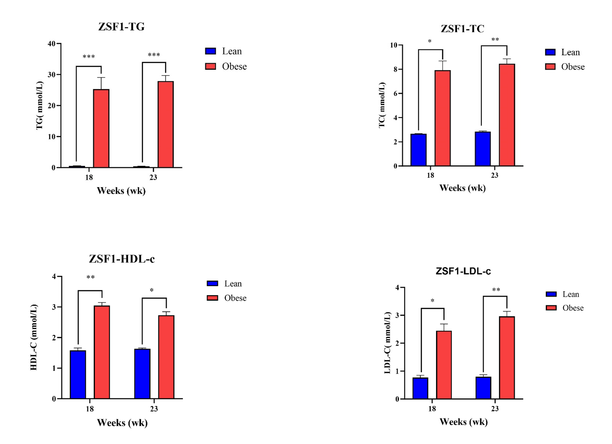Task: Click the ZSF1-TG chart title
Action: click(121, 27)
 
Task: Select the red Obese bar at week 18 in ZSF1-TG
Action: click(101, 128)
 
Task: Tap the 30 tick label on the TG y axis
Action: click(52, 75)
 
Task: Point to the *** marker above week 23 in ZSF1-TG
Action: click(154, 55)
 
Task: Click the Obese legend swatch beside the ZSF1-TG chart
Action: click(211, 66)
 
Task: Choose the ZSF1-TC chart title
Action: click(462, 29)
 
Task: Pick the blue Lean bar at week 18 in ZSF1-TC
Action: click(418, 150)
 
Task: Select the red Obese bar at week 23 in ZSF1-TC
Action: click(507, 115)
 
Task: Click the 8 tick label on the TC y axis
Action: click(395, 70)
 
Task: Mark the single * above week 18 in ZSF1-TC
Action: click(430, 41)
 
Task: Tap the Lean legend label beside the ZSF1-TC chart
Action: click(570, 52)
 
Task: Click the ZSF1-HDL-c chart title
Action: click(122, 259)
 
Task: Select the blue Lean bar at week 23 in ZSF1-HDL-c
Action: click(142, 374)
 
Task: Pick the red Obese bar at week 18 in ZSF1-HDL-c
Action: click(102, 352)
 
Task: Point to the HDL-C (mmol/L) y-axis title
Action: click(33, 337)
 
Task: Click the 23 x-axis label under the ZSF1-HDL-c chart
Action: click(154, 409)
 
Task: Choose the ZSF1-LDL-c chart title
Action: click(463, 271)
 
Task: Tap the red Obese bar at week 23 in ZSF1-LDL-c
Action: click(507, 357)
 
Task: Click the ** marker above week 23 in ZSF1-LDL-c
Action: click(496, 290)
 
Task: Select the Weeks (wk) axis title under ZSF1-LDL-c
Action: click(463, 422)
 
